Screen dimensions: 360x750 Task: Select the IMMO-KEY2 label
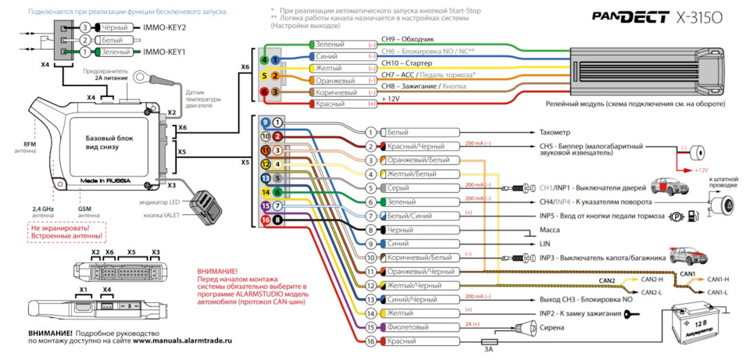click(166, 27)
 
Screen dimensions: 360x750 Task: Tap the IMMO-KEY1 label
click(166, 52)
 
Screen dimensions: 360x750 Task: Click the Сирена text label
click(552, 328)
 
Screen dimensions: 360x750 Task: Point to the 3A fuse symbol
click(488, 342)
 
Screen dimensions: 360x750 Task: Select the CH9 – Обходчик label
click(407, 38)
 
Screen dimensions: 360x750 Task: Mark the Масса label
click(550, 230)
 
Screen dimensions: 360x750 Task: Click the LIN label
click(545, 244)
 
